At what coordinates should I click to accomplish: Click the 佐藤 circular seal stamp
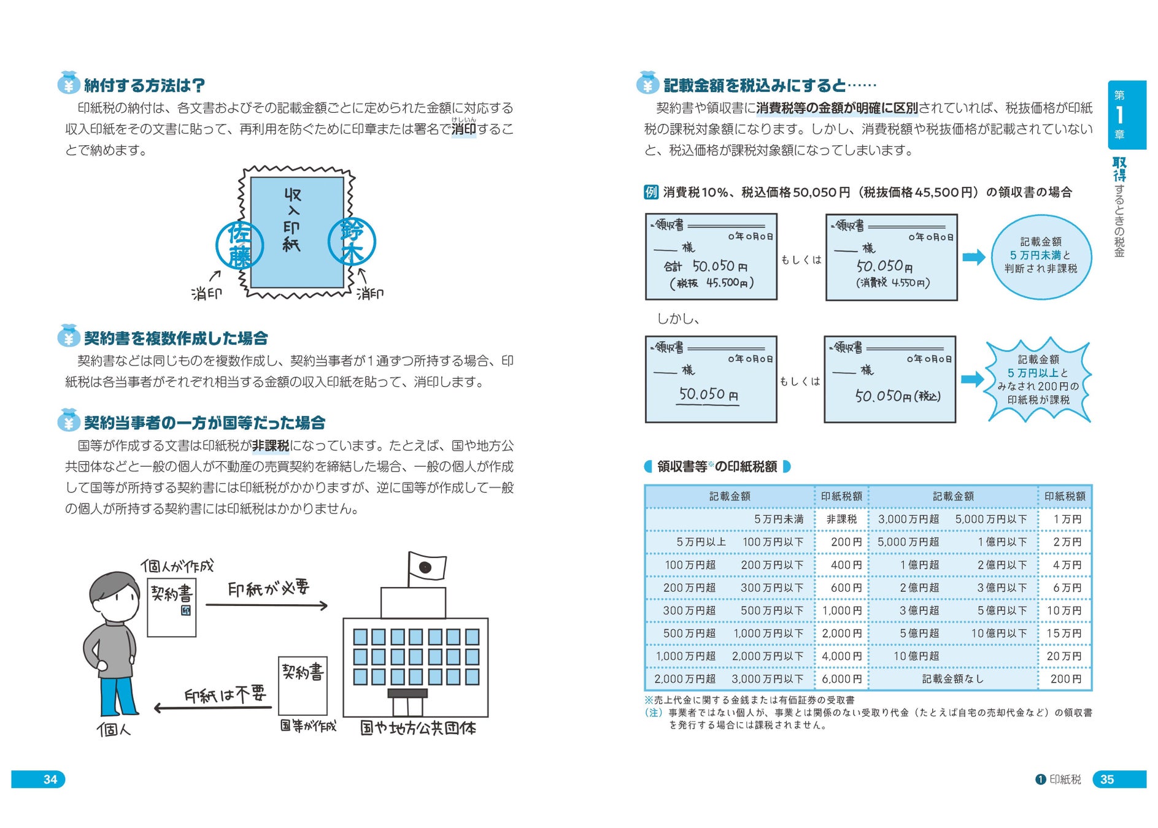tap(240, 245)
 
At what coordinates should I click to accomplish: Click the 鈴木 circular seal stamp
tap(352, 241)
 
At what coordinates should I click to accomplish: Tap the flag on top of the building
tap(427, 568)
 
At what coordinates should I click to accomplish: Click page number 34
tap(50, 780)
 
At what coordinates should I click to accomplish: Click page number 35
tap(1107, 780)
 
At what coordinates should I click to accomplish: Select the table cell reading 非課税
tap(841, 519)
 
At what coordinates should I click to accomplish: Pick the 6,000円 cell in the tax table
tap(841, 679)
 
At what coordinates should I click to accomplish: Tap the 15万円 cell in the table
tap(1064, 634)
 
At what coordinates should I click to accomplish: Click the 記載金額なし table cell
tap(952, 679)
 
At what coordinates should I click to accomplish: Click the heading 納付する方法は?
tap(144, 85)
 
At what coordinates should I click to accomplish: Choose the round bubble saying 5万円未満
tap(1041, 256)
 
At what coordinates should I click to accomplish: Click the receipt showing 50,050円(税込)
tap(890, 380)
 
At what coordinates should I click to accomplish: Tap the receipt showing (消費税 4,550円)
tap(891, 258)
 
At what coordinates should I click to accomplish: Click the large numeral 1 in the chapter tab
tap(1119, 115)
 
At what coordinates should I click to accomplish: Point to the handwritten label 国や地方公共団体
tap(418, 728)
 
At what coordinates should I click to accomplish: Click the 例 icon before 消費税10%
tap(650, 192)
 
